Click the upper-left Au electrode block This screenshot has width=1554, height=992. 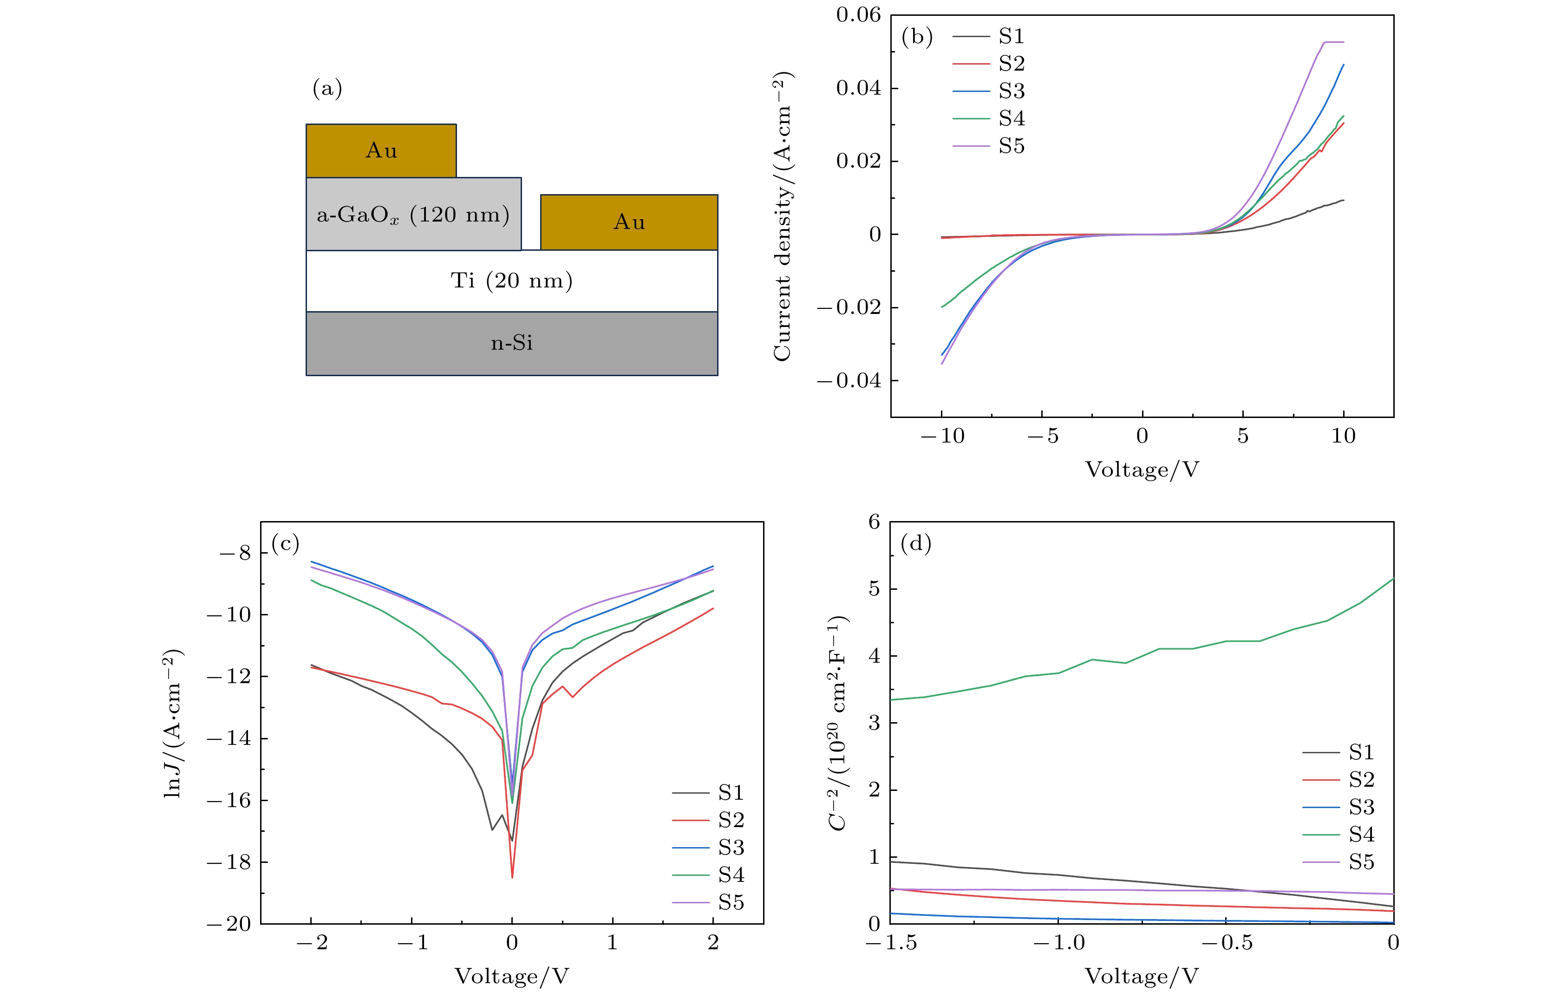coord(381,150)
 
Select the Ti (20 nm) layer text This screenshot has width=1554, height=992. coord(511,281)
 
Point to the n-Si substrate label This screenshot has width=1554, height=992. coord(512,343)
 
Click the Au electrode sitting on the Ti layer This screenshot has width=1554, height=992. coord(628,222)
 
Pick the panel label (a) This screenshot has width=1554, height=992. coord(327,88)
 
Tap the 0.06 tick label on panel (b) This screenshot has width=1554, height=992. coord(858,15)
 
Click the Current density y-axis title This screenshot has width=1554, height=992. coord(782,216)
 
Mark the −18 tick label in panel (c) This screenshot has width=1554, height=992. coord(229,862)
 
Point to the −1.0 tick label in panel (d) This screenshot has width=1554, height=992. coord(1059,943)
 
